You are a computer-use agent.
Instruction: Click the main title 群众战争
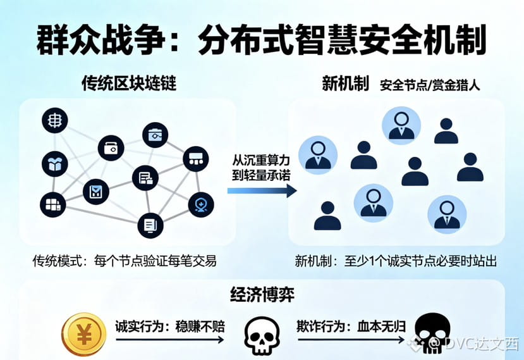click(101, 40)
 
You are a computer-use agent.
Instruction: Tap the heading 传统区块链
click(129, 83)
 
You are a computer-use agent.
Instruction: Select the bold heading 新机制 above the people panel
click(345, 83)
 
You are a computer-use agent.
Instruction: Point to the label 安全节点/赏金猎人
click(430, 85)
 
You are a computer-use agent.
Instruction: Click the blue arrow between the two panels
click(262, 191)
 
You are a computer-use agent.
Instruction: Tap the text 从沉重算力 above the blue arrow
click(261, 161)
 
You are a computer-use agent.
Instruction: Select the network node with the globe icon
click(55, 120)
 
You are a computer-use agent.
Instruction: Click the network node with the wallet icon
click(111, 148)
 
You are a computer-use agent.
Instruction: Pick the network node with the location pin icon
click(201, 205)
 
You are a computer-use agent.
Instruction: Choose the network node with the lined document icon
click(150, 225)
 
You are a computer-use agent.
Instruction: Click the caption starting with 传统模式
click(125, 261)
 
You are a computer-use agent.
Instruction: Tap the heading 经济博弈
click(262, 294)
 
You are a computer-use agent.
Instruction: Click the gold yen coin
click(84, 334)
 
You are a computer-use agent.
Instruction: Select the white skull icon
click(262, 335)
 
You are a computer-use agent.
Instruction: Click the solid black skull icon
click(432, 333)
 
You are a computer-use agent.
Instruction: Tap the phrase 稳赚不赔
click(200, 326)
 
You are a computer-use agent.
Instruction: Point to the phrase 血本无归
click(382, 326)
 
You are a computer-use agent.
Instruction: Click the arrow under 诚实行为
click(170, 340)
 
